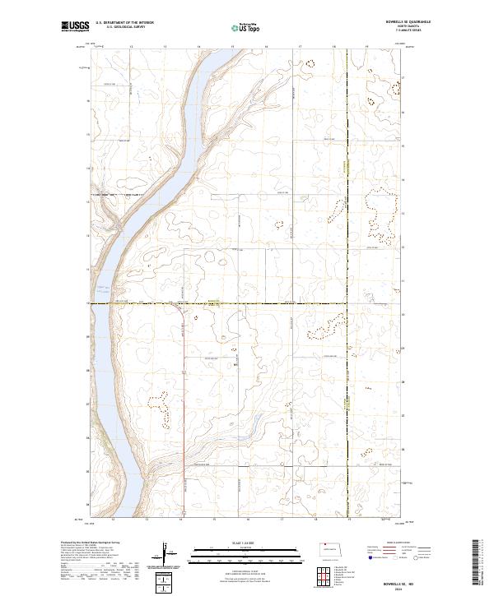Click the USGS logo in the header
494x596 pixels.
click(75, 27)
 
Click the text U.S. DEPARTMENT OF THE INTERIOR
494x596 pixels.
click(124, 23)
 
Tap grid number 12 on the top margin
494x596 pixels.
click(132, 46)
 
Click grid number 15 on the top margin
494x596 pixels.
click(233, 46)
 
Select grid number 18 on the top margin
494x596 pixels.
click(333, 46)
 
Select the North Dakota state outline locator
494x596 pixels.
click(333, 547)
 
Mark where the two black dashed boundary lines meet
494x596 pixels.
click(347, 303)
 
